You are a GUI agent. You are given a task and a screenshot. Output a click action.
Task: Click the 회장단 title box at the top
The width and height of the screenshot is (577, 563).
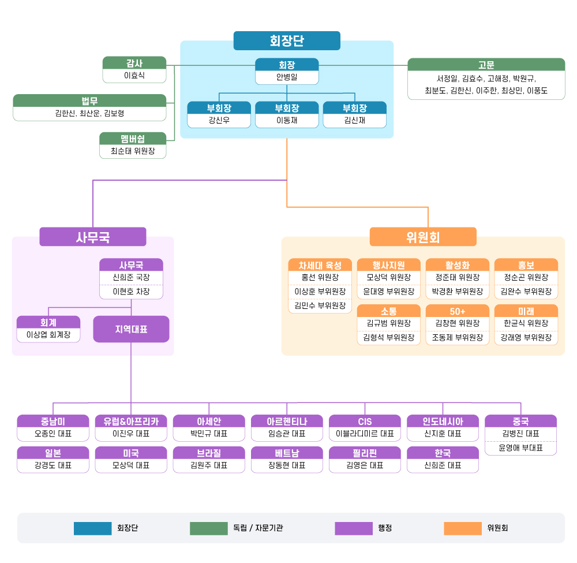[x=287, y=40]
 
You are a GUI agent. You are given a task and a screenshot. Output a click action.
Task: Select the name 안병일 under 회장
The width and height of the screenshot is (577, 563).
[x=287, y=77]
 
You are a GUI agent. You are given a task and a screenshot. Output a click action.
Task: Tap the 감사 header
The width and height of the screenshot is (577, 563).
[x=134, y=63]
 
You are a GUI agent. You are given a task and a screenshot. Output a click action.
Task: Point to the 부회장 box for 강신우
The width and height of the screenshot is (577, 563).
[x=219, y=114]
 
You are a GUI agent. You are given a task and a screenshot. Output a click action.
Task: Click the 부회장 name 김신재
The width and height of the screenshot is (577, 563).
[x=355, y=120]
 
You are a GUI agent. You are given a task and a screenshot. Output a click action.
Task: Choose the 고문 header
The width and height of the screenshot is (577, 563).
[x=486, y=65]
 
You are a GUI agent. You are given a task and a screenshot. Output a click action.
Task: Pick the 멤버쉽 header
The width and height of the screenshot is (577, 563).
[x=133, y=139]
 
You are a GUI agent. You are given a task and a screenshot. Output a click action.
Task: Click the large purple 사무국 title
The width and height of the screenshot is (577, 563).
[x=93, y=237]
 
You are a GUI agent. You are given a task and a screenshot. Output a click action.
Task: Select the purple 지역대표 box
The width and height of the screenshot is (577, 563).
[x=131, y=329]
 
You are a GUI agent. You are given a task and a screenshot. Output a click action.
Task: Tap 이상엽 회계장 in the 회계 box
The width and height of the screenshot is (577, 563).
[x=48, y=335]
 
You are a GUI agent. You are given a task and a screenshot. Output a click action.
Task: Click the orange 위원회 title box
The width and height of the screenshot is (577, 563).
[x=423, y=237]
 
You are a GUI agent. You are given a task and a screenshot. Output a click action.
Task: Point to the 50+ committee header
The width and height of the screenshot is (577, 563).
[x=458, y=311]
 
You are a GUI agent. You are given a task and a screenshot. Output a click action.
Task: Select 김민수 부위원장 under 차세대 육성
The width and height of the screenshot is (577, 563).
[x=320, y=305]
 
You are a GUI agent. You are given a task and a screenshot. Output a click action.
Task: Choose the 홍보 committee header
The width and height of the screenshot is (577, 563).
[x=526, y=264]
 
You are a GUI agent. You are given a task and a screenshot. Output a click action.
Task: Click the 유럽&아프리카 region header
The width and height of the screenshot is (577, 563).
[x=131, y=421]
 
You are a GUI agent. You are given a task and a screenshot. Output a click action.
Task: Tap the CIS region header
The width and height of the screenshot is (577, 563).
[x=365, y=421]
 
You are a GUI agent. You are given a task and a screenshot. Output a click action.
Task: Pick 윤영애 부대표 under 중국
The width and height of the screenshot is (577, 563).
[x=520, y=448]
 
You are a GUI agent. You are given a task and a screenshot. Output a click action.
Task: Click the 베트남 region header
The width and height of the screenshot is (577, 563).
[x=287, y=453]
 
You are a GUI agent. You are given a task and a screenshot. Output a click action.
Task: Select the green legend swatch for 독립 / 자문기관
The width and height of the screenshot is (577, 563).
[x=209, y=528]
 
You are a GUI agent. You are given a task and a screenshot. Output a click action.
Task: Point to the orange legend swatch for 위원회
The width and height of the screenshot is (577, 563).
[x=463, y=528]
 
